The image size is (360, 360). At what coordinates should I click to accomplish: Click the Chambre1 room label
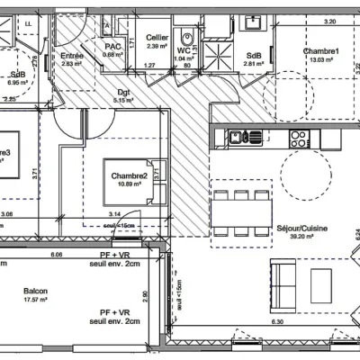[321, 51]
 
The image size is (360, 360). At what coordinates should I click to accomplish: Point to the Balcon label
[36, 291]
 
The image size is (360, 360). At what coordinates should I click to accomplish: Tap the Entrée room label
[73, 55]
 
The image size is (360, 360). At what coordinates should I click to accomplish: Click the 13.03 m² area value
[321, 61]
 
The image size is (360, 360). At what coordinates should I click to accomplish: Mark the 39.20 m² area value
[301, 238]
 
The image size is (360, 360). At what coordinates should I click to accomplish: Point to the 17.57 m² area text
[36, 300]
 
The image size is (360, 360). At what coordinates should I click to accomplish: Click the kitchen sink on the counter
[237, 138]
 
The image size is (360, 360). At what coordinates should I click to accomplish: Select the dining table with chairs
[240, 210]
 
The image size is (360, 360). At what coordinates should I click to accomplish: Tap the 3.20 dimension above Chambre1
[329, 20]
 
